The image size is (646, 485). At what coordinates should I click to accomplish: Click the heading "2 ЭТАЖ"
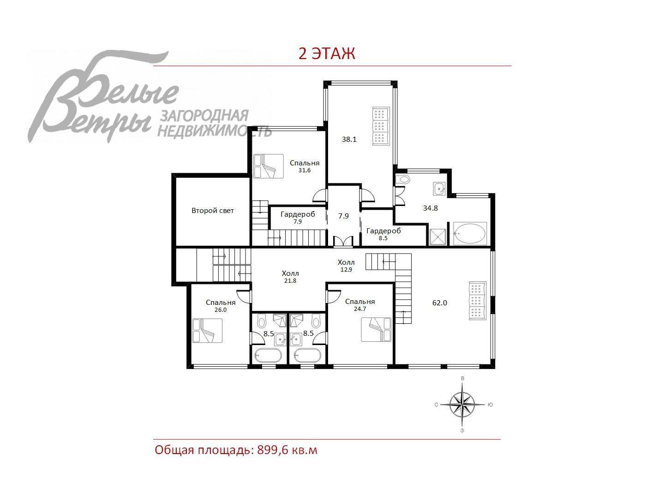tap(327, 54)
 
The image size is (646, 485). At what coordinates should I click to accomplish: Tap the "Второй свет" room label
tap(213, 211)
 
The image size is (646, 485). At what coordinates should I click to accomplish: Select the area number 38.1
tap(349, 139)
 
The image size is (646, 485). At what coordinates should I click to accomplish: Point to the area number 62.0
tap(440, 303)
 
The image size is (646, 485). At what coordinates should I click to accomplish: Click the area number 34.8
tap(430, 208)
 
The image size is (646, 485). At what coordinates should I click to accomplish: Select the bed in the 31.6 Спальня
tap(269, 166)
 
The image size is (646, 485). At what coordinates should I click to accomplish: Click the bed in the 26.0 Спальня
tap(207, 330)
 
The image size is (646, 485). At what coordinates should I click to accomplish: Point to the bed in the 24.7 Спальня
tap(376, 329)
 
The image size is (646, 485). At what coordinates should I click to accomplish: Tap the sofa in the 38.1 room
tap(381, 126)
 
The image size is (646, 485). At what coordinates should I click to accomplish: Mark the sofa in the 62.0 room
tap(477, 300)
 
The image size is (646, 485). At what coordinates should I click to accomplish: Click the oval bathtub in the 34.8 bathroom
tap(470, 234)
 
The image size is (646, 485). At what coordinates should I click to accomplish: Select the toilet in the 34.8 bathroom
tap(403, 179)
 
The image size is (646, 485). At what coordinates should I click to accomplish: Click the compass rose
tap(462, 405)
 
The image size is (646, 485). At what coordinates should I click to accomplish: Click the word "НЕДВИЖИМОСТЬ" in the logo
tap(215, 132)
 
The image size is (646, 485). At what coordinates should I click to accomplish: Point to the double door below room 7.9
tap(343, 241)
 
